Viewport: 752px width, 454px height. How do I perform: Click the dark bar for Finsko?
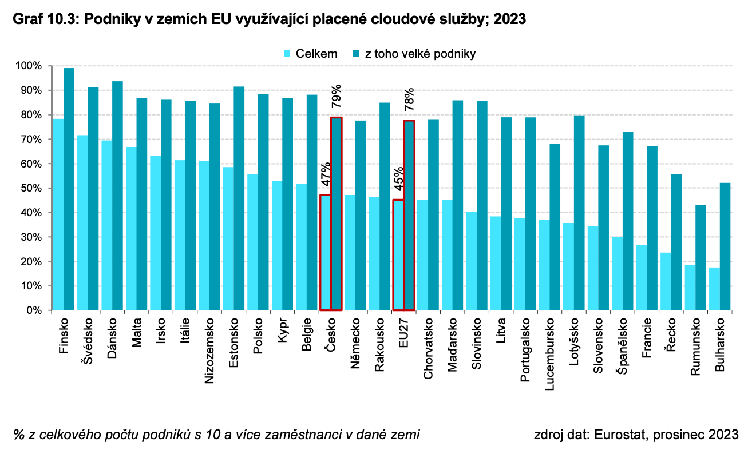click(69, 189)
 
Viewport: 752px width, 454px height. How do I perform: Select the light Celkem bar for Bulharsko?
click(714, 289)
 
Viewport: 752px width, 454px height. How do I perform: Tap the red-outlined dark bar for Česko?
click(337, 214)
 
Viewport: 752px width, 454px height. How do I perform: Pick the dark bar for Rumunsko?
click(700, 257)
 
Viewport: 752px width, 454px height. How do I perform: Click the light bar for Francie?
click(642, 277)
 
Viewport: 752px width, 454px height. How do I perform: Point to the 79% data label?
click(337, 96)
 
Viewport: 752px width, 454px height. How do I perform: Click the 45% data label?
click(398, 179)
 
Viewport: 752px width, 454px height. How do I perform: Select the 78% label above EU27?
click(409, 99)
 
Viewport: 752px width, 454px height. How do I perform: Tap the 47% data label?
click(326, 174)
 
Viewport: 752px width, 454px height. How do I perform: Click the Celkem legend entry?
click(310, 54)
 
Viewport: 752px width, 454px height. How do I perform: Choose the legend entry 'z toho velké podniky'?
click(414, 54)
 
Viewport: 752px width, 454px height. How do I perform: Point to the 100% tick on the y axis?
click(29, 66)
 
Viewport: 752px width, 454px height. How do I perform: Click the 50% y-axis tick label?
click(31, 188)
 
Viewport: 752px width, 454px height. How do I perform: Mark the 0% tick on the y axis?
click(34, 310)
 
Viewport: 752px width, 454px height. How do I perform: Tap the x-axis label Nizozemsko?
click(209, 351)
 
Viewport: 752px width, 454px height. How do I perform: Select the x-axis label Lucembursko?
click(549, 354)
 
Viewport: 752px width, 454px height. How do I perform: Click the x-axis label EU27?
click(403, 333)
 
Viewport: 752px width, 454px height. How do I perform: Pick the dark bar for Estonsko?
click(239, 198)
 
